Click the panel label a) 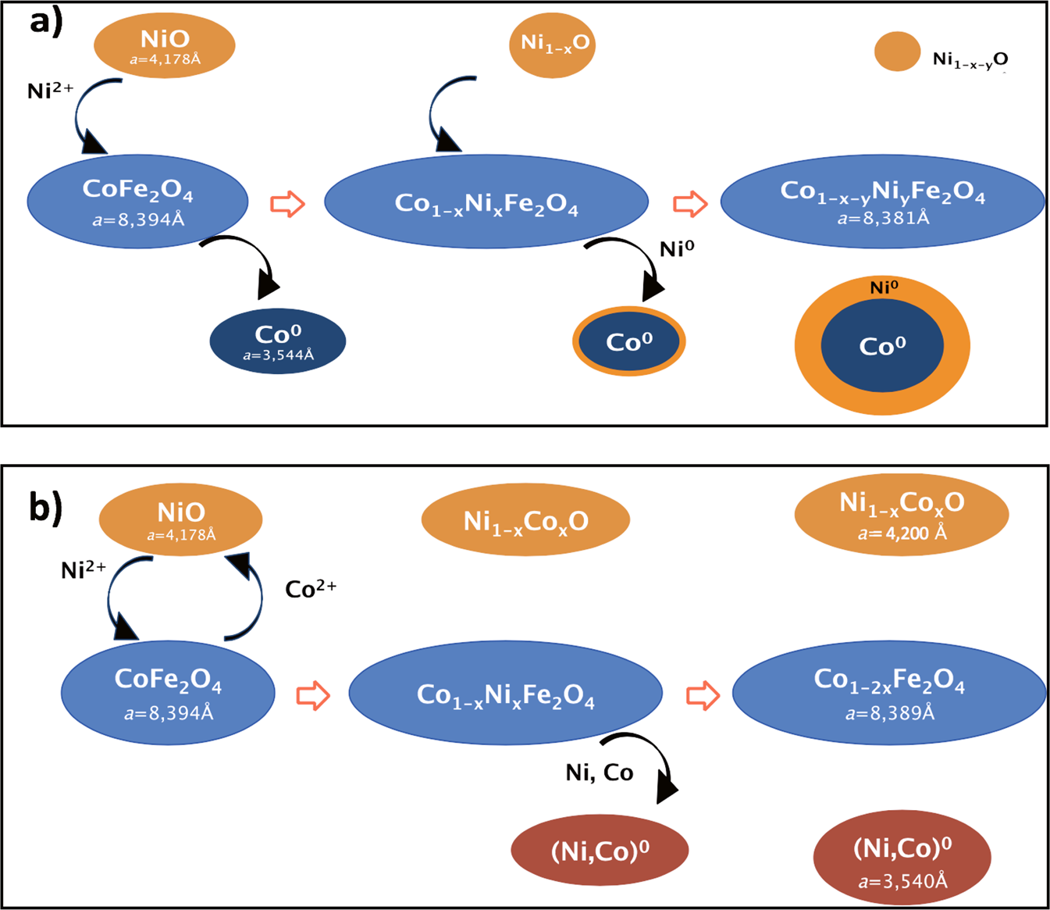coord(45,21)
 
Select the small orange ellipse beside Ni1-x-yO coord(897,52)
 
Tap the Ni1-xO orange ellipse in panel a coord(553,44)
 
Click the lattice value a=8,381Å coord(883,218)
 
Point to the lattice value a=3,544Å coord(278,355)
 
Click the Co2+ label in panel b coord(310,588)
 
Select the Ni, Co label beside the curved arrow coord(599,773)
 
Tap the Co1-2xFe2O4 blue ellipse coord(888,692)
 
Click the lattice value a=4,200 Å coord(902,534)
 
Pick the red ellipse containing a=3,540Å coord(902,857)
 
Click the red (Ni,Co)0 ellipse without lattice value coord(600,850)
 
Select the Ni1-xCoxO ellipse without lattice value coord(525,520)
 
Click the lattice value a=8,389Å coord(889,712)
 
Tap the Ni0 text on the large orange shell coord(884,287)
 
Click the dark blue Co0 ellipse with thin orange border coord(628,342)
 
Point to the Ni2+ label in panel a coord(50,91)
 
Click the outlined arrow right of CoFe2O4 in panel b coord(313,694)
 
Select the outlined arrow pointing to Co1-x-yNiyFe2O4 coord(690,204)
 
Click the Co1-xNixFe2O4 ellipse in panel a coord(486,203)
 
